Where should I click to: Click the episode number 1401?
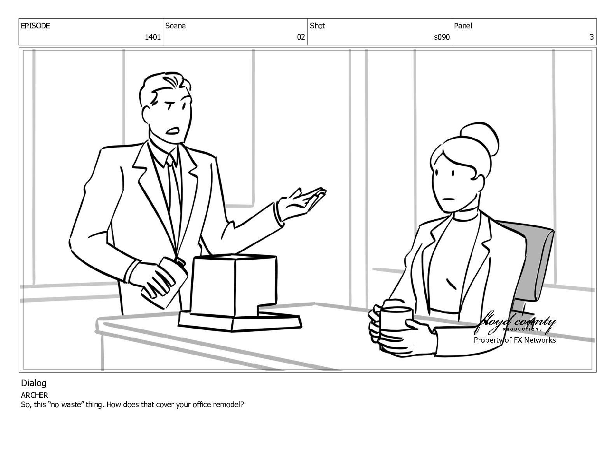[x=152, y=37]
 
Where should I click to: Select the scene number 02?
[x=301, y=37]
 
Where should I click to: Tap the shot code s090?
[x=442, y=37]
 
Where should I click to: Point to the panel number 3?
[x=591, y=37]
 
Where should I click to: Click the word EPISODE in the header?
[x=35, y=26]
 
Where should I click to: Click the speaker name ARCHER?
[x=34, y=395]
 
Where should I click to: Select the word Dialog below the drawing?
[x=34, y=383]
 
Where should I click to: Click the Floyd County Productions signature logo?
[x=515, y=323]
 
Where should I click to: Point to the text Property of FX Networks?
[x=515, y=340]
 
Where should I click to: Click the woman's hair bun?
[x=479, y=139]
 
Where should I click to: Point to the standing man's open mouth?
[x=173, y=131]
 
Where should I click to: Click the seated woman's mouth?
[x=449, y=199]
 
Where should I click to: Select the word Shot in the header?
[x=317, y=26]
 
